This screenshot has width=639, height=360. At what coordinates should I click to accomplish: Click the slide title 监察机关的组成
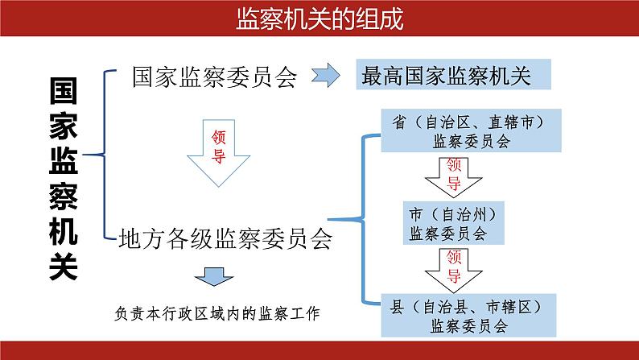click(x=319, y=19)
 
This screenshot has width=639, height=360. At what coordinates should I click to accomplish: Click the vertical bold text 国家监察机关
click(x=62, y=179)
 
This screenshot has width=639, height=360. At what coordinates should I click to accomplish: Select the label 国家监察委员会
click(x=215, y=77)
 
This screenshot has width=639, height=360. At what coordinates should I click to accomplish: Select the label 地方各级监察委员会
click(x=225, y=238)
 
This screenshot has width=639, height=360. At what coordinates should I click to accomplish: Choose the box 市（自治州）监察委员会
click(x=457, y=224)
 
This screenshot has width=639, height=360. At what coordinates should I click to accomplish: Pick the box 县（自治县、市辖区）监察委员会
click(x=471, y=316)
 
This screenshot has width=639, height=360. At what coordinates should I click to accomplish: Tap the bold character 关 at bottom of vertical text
click(x=62, y=265)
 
